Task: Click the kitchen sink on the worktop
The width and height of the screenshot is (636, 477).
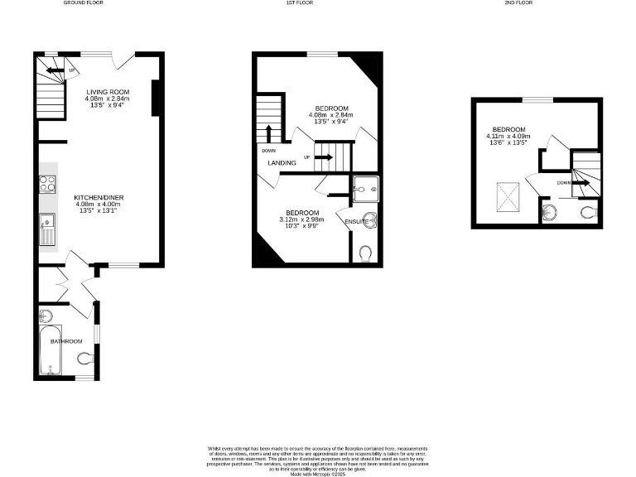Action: [x=46, y=221]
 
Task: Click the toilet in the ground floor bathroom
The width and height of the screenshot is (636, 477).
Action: [x=84, y=359]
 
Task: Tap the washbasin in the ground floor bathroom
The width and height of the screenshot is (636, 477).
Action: [x=46, y=316]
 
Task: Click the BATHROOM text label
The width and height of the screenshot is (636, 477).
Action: [x=66, y=341]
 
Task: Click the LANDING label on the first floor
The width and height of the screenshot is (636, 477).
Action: [x=282, y=163]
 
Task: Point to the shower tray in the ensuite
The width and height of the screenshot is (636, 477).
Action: [x=364, y=190]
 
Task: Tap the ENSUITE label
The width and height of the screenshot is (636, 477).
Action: [x=357, y=221]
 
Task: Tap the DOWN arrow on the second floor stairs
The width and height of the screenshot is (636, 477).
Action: [x=581, y=183]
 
